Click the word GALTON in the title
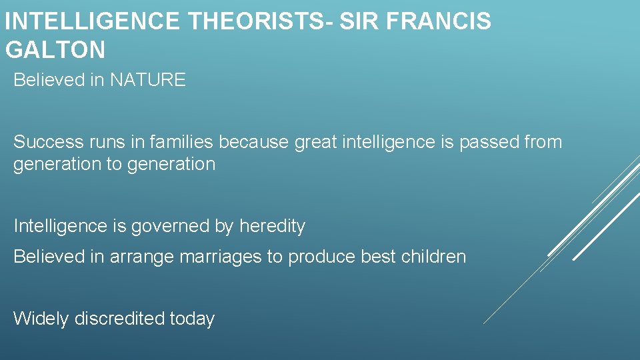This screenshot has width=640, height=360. coord(55,49)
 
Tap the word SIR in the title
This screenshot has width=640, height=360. coord(358,21)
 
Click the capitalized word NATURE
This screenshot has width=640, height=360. coord(147,81)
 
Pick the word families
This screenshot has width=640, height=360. coord(181,142)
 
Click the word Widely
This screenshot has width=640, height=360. coord(41,319)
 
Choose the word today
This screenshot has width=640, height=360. coord(192,319)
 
